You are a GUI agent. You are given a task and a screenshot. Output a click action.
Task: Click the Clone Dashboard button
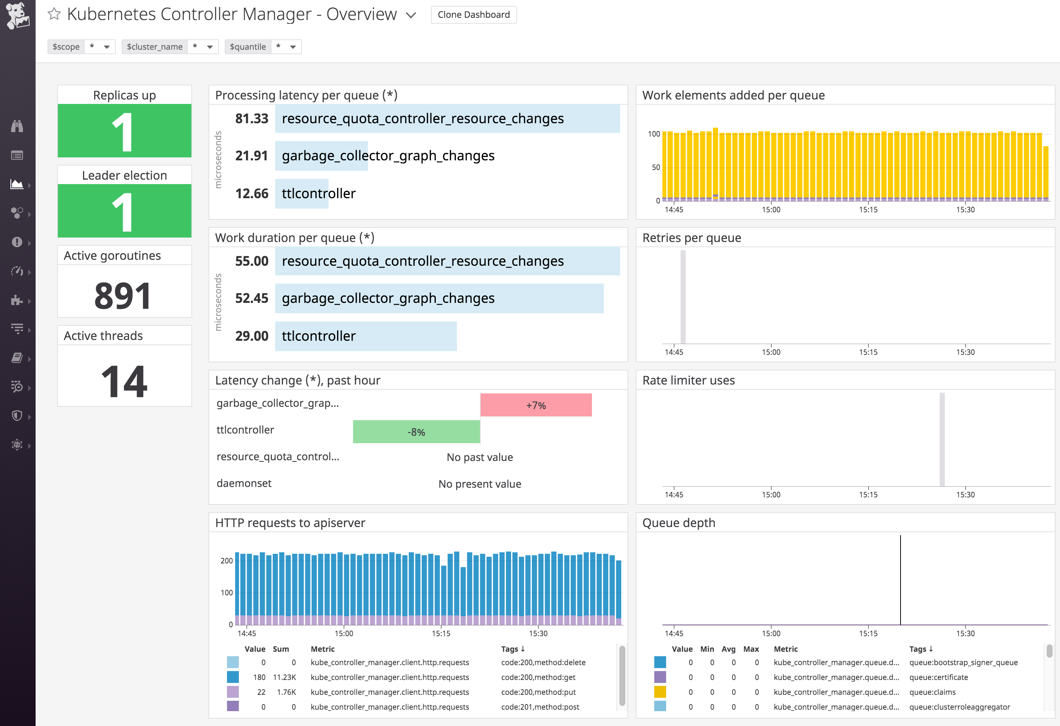point(474,14)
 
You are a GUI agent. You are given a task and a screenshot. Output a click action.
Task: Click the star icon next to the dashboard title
point(54,14)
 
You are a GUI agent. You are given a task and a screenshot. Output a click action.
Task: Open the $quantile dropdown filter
point(286,46)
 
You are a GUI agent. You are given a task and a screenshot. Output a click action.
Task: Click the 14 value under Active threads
point(124,381)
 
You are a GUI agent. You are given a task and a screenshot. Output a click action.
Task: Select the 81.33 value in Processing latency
point(251,119)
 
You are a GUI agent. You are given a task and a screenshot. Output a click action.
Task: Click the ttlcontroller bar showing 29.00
point(365,336)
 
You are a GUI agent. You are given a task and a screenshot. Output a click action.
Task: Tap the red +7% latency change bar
point(536,405)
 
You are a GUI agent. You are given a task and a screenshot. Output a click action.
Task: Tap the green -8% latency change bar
point(416,432)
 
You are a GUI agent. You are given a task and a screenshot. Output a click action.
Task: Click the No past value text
point(479,457)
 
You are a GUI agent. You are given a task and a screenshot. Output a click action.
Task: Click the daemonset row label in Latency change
point(244,483)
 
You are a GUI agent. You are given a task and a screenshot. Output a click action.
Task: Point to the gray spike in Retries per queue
point(683,297)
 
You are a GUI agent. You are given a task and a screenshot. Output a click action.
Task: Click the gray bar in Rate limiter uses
point(942,439)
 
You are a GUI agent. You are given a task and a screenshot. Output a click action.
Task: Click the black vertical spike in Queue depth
point(900,579)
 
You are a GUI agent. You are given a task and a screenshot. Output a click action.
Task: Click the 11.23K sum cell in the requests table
point(284,677)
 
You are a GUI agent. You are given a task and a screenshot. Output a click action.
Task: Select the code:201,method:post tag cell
point(540,707)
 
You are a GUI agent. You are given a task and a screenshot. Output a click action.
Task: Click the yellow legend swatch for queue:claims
point(659,692)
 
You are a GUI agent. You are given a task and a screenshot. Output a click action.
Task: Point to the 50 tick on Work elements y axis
point(655,167)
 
